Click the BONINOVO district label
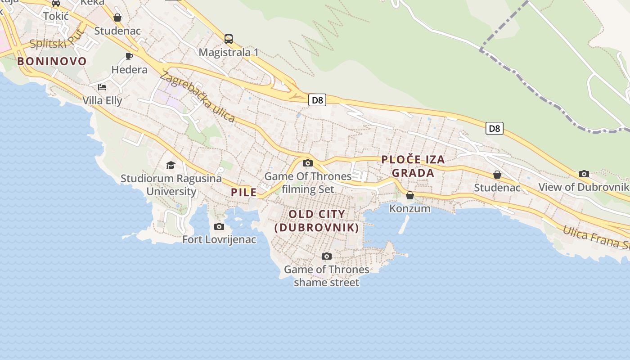52,61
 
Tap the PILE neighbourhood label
243,193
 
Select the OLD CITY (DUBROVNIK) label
317,220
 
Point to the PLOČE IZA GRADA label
413,166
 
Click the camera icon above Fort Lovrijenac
219,226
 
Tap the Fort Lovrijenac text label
219,239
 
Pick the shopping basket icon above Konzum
409,195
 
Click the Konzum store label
409,208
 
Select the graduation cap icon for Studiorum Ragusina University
171,165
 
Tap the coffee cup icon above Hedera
129,56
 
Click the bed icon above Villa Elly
102,87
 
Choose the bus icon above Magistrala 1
229,39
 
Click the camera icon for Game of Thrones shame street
327,256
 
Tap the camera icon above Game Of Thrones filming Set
308,163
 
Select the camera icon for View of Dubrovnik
584,174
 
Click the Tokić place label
56,16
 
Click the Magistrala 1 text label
229,52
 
